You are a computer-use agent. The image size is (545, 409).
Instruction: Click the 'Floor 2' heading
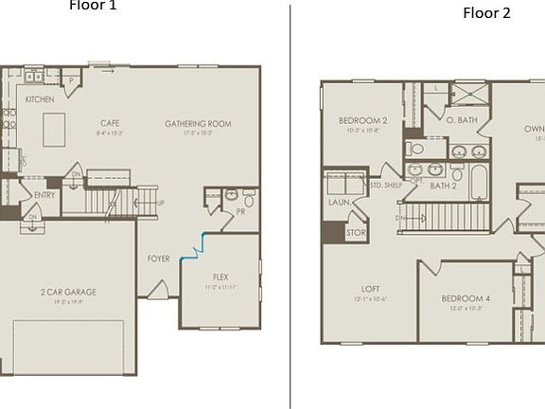coord(486,13)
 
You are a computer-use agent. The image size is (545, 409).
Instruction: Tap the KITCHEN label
coord(40,99)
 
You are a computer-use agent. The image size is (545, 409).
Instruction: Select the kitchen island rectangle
coord(54,128)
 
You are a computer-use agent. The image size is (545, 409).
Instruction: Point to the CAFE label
coord(109,123)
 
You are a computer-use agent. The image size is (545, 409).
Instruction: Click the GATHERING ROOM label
coord(198,124)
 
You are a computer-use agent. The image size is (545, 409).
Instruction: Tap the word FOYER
coord(159,258)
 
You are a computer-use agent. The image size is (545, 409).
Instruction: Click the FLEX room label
coord(220,276)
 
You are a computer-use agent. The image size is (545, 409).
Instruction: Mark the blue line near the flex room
coord(197,244)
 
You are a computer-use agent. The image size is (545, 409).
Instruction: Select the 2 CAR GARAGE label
coord(68,292)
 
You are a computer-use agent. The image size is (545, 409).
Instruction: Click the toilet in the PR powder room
coord(249,200)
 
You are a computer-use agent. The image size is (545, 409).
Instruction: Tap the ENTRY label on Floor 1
coord(44,195)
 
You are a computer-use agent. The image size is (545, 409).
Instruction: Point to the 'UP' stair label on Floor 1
coord(160,204)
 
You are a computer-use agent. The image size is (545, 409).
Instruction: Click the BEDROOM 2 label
coord(363,120)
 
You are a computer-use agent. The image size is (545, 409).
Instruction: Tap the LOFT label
coord(370,290)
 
